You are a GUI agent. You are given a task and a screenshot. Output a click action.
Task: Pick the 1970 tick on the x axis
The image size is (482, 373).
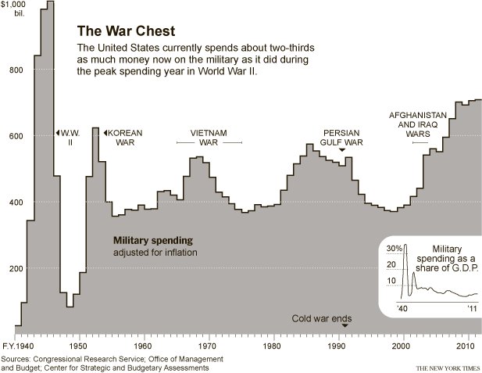[x=208, y=345]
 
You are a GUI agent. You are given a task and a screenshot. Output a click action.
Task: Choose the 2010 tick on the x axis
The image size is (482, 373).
[x=466, y=345]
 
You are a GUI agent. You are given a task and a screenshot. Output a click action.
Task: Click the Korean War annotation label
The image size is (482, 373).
[x=126, y=138]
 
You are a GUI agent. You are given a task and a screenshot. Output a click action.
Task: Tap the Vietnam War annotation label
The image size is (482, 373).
[x=209, y=138]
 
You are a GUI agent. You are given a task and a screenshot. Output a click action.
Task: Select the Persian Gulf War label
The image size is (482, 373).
[x=341, y=138]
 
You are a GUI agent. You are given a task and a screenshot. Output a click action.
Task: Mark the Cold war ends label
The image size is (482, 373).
[x=321, y=319]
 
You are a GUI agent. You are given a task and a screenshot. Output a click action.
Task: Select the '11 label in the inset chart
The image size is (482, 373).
[x=473, y=309]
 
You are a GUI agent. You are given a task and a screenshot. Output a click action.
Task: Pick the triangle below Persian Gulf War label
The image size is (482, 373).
[x=341, y=150]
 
